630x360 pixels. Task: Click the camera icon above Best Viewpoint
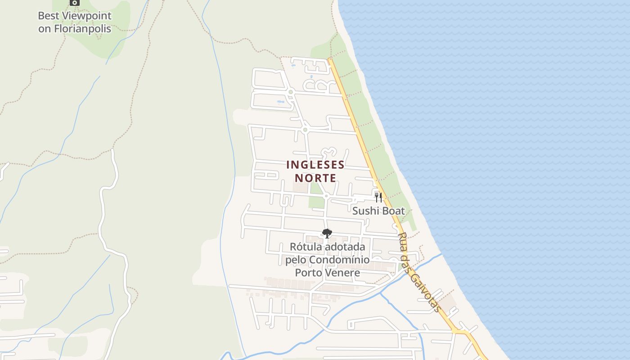click(x=75, y=3)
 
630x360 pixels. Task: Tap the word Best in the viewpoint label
click(x=48, y=16)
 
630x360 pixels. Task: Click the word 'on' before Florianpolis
click(x=45, y=29)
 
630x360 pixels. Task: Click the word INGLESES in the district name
click(x=315, y=165)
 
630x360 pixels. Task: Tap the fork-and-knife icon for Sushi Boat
click(x=378, y=197)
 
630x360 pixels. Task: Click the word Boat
click(x=393, y=211)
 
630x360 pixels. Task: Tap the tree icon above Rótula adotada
click(x=327, y=233)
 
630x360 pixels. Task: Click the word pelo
click(x=296, y=260)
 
